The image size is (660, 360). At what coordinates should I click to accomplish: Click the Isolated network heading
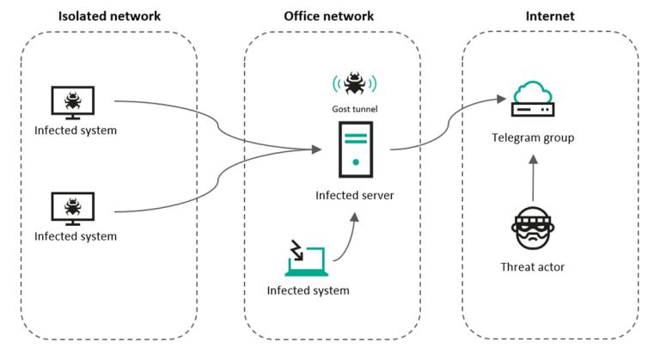point(109,16)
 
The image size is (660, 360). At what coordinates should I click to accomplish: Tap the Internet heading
point(550,16)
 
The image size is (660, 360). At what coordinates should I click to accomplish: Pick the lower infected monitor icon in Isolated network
point(74,208)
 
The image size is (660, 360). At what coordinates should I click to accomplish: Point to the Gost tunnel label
point(355,109)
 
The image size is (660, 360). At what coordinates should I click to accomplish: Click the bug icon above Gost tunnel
point(354,83)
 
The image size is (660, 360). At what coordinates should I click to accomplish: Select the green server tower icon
point(355,149)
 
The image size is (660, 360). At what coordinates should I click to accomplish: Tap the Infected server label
point(354,195)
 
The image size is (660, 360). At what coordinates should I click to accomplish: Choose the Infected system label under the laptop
point(308,290)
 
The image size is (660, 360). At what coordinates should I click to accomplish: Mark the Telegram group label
point(533,137)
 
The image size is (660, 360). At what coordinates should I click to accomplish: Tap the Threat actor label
point(533,267)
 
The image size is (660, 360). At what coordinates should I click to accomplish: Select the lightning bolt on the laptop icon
point(296,251)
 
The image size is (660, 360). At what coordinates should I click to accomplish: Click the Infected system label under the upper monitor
point(76,131)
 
